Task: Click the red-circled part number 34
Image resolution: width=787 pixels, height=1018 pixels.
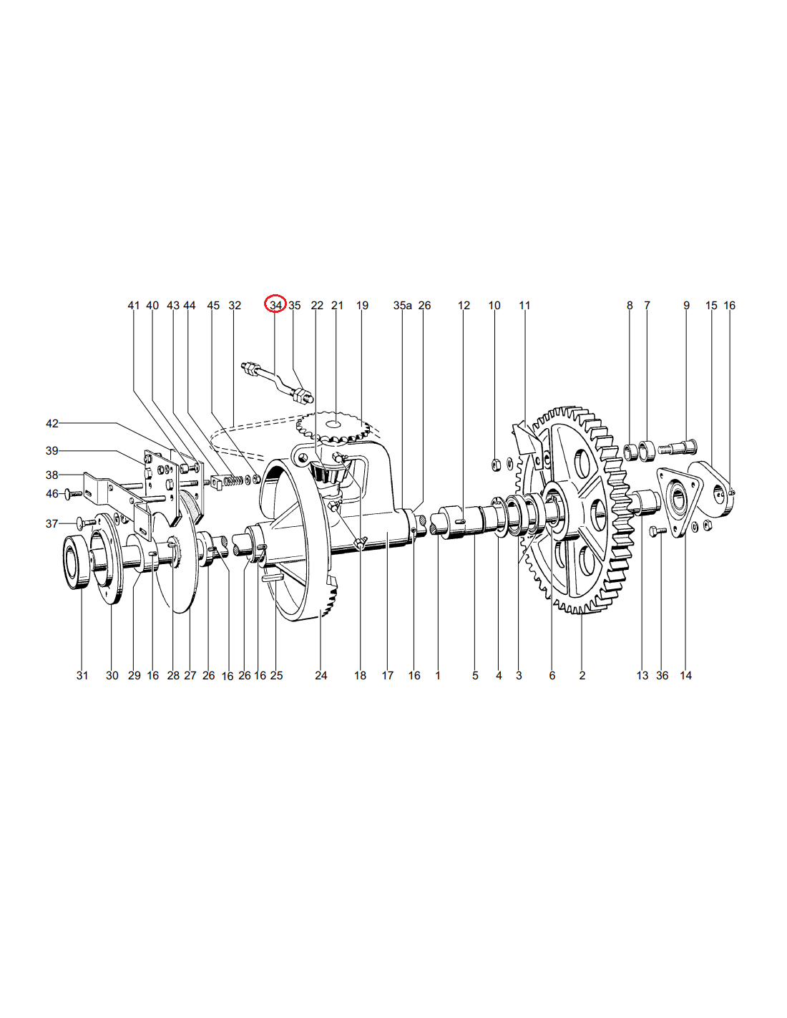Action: (x=275, y=306)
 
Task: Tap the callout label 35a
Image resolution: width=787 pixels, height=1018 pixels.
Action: (x=402, y=306)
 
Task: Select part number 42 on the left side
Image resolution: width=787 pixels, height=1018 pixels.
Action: (x=52, y=424)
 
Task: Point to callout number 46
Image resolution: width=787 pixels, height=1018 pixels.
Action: (x=52, y=494)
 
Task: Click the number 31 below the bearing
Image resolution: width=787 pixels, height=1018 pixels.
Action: (x=82, y=676)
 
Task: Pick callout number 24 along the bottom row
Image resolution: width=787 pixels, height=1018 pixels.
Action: (x=321, y=676)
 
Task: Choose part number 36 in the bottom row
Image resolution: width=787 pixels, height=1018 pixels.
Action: (x=662, y=676)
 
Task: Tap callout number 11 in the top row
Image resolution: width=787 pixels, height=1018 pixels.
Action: (x=524, y=306)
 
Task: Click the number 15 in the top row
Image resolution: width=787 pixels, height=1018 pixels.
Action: (x=711, y=306)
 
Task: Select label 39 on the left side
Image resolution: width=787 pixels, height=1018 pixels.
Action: (x=52, y=451)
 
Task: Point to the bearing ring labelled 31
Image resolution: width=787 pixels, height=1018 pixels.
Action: (x=77, y=562)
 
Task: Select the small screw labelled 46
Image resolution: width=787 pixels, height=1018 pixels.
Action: (x=74, y=493)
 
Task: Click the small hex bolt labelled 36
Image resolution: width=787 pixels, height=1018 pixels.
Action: (x=658, y=530)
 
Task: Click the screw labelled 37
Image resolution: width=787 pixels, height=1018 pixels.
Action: (x=85, y=523)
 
